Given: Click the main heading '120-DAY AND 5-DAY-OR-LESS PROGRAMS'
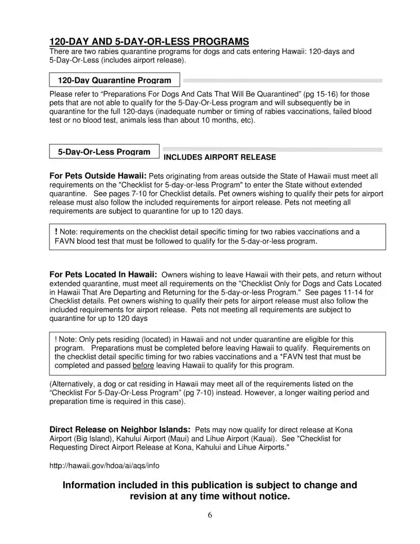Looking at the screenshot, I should [149, 42].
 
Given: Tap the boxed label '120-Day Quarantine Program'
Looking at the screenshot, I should [114, 80].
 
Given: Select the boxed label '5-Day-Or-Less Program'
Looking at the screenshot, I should [104, 152].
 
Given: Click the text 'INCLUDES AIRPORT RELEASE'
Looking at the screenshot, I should [219, 157].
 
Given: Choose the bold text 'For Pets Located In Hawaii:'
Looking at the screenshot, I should [103, 275].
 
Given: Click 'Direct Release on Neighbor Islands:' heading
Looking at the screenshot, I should [120, 430].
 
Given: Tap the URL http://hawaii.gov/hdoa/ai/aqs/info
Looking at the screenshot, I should [104, 466].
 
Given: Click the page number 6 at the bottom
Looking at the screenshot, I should [210, 515].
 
